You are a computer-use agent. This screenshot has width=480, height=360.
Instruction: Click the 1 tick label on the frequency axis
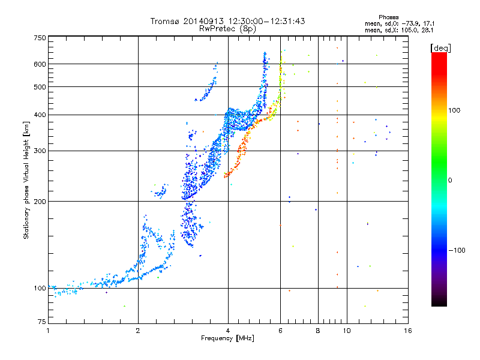pos(48,331)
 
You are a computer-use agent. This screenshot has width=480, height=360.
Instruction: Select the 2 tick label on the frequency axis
pos(138,331)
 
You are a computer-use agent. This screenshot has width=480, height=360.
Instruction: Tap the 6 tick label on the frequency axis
pos(280,331)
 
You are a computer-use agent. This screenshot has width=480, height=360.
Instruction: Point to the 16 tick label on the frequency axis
pos(407,331)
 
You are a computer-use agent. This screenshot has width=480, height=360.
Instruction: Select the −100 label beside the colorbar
pos(457,250)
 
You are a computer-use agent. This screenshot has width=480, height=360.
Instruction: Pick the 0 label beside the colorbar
pos(451,180)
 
